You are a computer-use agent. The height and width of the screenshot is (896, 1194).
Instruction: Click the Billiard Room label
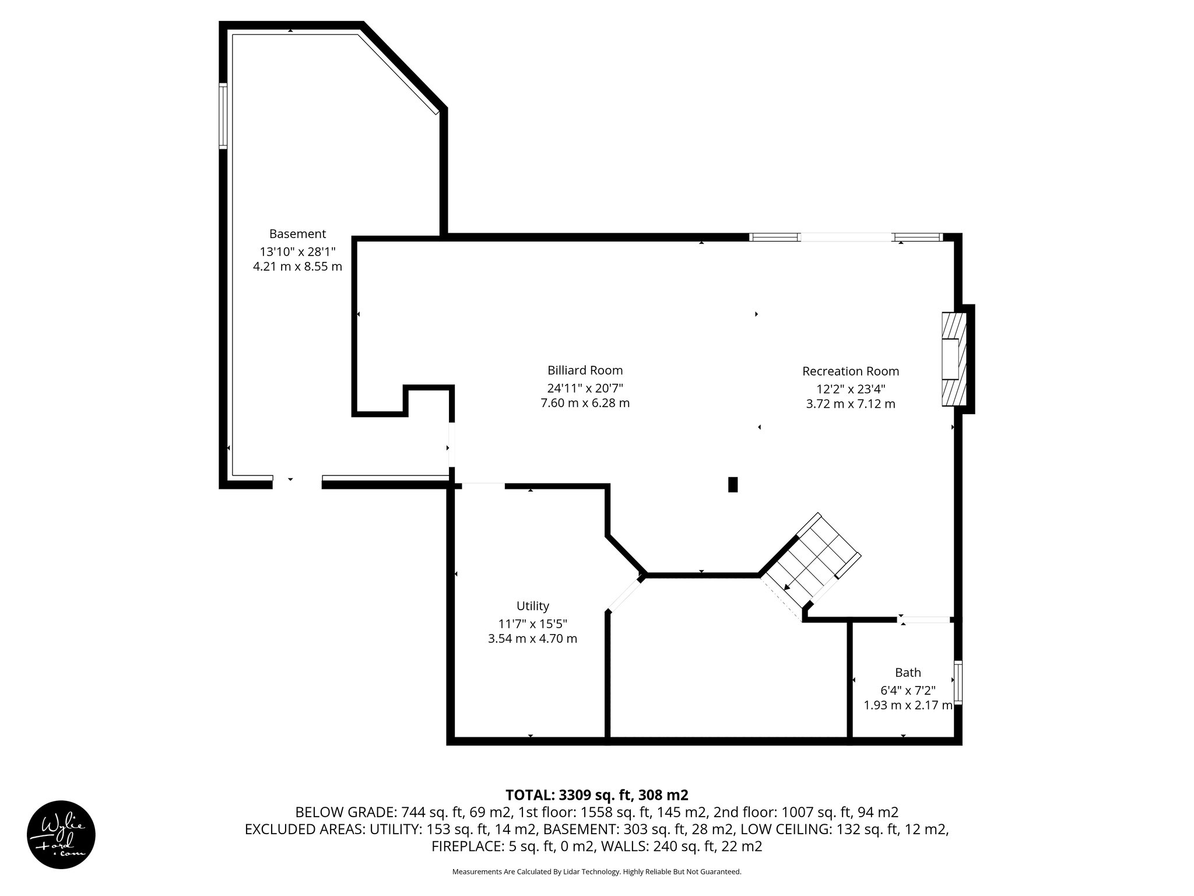(585, 370)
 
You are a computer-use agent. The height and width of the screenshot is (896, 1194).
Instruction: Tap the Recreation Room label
(850, 371)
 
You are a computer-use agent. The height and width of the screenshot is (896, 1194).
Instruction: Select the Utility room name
(532, 605)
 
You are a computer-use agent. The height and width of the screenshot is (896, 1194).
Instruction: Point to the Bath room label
(908, 672)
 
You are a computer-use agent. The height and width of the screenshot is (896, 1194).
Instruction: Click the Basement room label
(297, 234)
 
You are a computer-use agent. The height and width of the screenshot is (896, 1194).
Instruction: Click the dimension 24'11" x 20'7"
(585, 387)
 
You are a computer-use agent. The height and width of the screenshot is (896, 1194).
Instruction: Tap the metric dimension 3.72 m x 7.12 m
(850, 404)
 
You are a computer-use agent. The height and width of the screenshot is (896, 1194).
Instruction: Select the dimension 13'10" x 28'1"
(297, 251)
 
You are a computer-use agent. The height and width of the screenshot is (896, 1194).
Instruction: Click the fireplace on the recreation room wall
(954, 359)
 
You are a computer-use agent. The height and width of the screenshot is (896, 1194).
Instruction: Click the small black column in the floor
(733, 485)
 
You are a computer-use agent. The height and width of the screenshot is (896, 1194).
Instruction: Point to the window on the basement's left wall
(223, 116)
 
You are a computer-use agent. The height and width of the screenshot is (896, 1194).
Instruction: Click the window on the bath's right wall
(957, 682)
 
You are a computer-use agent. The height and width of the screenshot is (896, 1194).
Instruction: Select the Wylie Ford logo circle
(61, 834)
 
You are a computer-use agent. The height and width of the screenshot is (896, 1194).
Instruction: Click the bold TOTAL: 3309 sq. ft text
(596, 794)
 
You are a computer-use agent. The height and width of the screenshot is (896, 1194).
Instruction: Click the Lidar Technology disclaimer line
(596, 871)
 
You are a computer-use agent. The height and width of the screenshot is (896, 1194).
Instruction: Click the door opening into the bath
(925, 619)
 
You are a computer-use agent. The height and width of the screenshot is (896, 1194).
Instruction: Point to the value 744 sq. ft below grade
(424, 812)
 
